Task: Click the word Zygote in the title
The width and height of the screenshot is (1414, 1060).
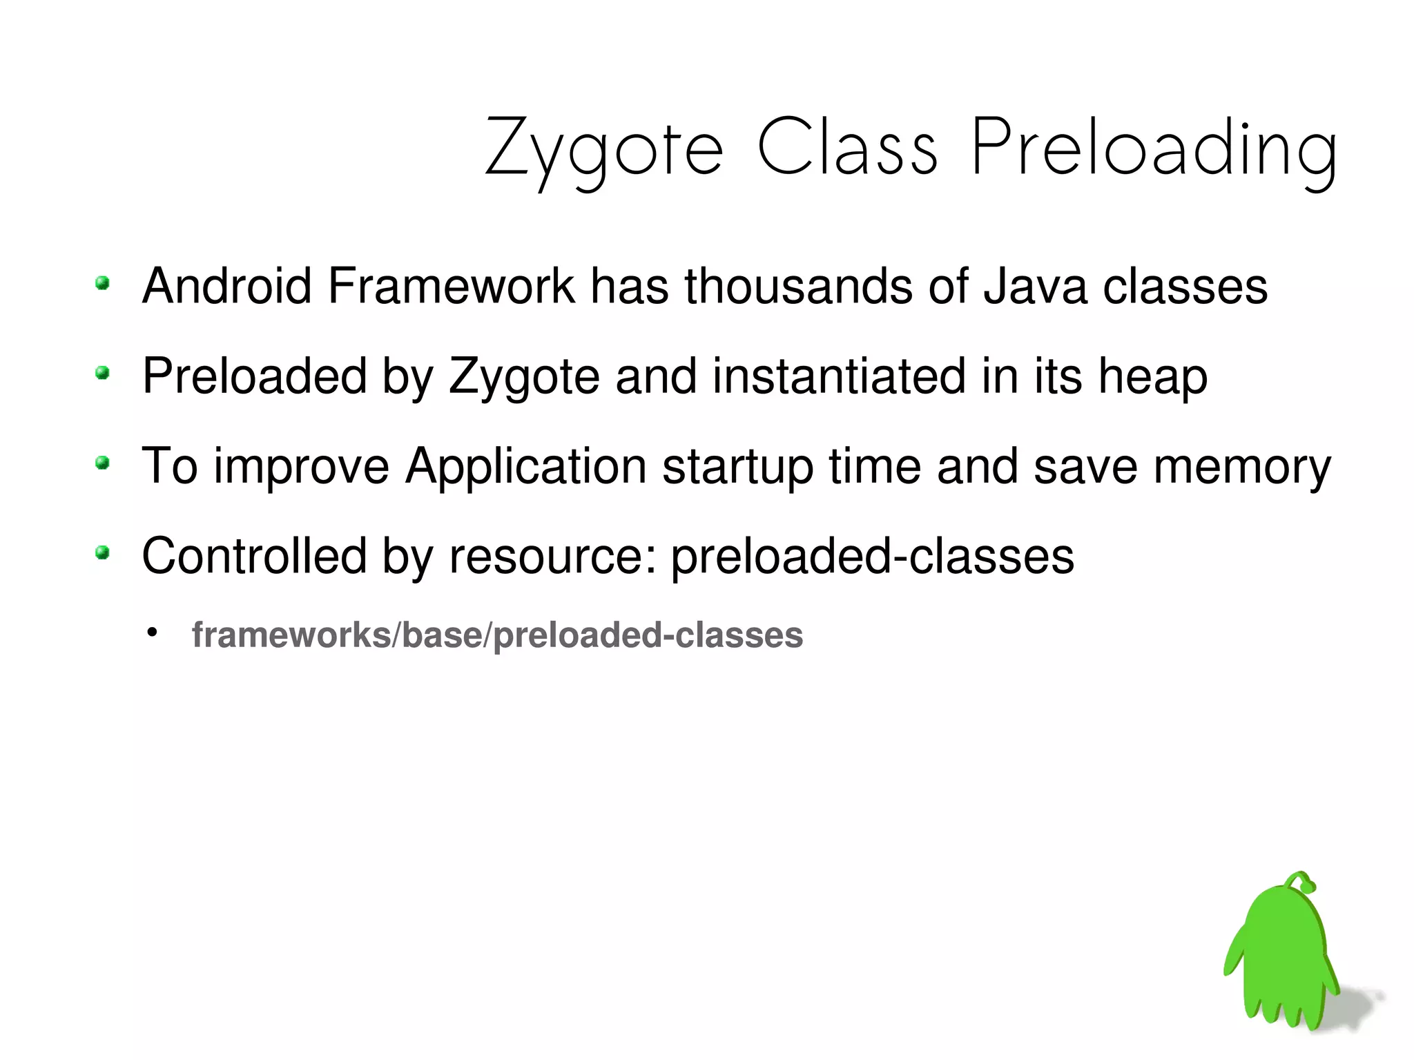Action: (603, 148)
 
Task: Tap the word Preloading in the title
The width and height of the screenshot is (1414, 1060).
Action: (1154, 148)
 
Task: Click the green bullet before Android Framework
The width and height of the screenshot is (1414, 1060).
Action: (102, 283)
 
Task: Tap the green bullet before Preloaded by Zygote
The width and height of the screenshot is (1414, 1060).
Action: (102, 374)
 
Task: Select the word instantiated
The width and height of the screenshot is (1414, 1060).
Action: (838, 376)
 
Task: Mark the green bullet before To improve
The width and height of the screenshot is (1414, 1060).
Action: (102, 463)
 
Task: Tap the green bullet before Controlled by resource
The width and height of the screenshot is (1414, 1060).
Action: (102, 552)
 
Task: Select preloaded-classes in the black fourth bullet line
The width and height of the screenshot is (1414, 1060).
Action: (872, 557)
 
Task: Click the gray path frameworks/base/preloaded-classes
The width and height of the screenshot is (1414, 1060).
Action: (497, 635)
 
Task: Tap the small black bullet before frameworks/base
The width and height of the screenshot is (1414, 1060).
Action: (152, 632)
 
